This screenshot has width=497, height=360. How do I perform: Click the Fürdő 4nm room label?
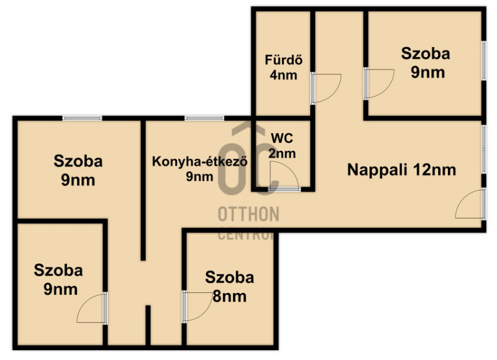pos(284,68)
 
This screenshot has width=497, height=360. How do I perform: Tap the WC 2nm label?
pos(282,146)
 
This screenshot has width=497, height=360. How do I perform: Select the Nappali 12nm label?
pos(401,169)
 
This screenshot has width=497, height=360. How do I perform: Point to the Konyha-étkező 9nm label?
pos(199,169)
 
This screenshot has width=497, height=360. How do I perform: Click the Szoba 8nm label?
pos(229,287)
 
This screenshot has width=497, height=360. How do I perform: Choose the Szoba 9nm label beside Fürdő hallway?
pos(426,63)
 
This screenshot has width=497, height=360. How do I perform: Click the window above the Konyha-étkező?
pos(204,119)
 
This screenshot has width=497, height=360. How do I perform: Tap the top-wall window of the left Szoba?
pos(83,119)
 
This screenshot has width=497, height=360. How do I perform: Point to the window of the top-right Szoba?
pos(484,61)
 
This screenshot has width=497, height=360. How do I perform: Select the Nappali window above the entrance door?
pos(484,149)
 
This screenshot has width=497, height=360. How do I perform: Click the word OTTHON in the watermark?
pos(248,214)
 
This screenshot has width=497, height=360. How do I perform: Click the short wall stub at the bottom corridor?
pos(148,325)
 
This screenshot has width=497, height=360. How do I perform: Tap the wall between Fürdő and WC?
pos(283,118)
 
